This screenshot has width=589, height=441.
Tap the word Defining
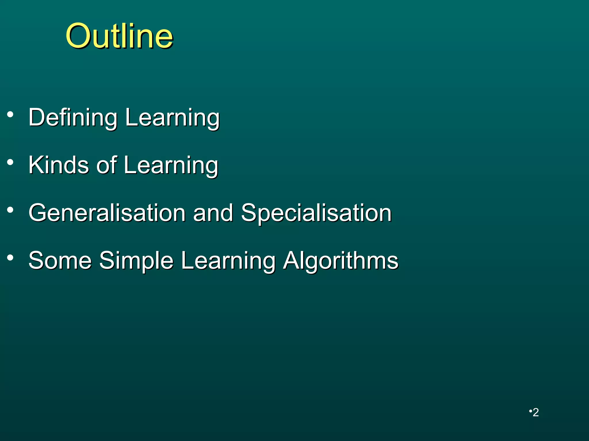[73, 118]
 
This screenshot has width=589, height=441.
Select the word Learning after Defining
[172, 118]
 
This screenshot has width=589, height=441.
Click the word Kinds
[59, 165]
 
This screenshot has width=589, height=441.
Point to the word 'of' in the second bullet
[106, 165]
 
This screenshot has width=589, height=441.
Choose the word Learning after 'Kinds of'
[171, 166]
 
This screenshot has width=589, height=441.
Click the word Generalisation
[107, 213]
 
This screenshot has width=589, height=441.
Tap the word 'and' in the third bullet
[213, 213]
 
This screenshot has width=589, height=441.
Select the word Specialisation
[316, 213]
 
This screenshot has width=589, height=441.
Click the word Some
[60, 260]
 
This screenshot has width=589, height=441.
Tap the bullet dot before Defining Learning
[10, 115]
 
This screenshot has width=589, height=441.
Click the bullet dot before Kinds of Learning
[10, 163]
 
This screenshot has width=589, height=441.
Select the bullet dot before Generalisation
[10, 210]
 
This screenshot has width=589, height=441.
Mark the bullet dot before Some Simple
[10, 258]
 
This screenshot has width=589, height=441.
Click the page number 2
[536, 413]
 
